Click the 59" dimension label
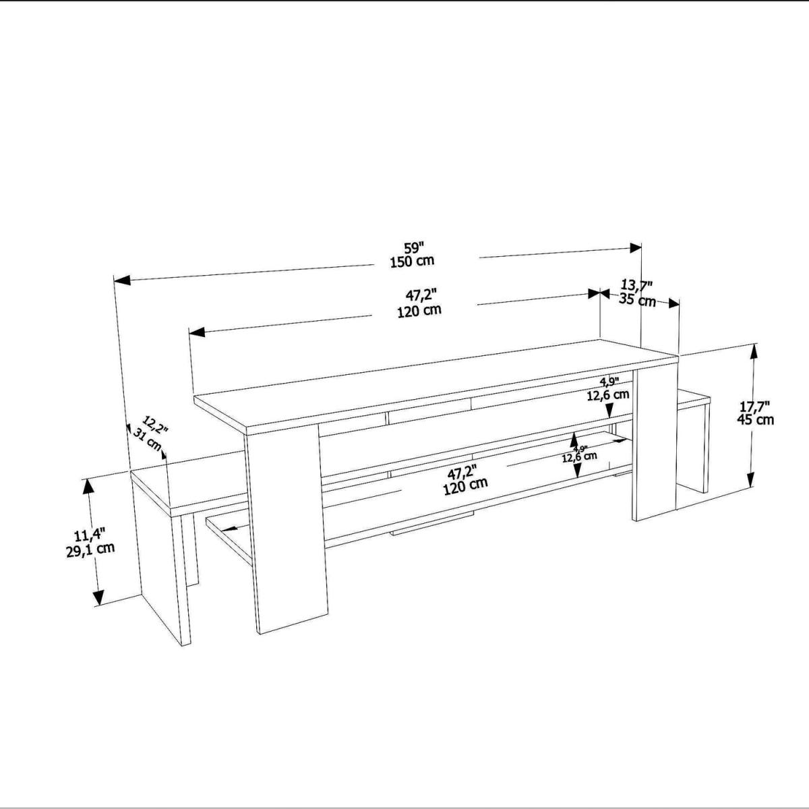415,247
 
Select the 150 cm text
413,261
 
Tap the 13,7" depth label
636,286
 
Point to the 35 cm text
637,300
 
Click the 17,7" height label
755,406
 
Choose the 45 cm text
756,419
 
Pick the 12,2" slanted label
155,425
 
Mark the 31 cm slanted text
147,439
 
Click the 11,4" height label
90,536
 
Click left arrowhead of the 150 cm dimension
122,280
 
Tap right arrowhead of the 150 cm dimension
636,247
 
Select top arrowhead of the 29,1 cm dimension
88,488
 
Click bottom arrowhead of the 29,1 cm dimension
98,597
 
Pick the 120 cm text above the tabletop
419,311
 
